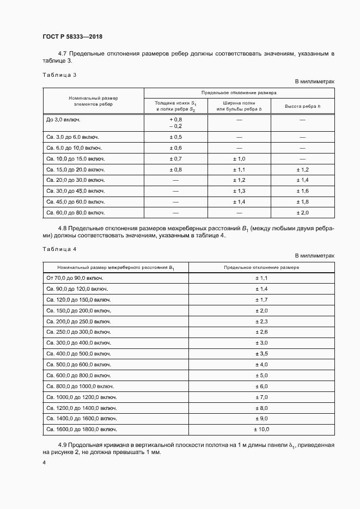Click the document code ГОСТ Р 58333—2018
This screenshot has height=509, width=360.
pos(72,36)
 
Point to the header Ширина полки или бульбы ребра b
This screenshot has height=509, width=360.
pos(239,106)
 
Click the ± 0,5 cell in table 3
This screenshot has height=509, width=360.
pos(175,137)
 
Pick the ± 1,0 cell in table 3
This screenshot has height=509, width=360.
pos(239,159)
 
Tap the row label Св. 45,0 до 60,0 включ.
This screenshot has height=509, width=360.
pos(76,202)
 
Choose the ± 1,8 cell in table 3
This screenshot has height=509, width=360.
pos(302,202)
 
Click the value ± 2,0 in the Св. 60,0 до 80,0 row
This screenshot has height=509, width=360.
pos(302,213)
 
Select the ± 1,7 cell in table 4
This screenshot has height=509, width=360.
pos(261,300)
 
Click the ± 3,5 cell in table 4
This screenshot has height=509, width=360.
pos(261,354)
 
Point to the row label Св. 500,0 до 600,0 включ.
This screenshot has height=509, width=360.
pos(78,365)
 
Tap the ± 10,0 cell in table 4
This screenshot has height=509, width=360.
pos(261,430)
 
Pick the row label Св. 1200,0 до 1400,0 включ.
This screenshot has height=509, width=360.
pos(81,408)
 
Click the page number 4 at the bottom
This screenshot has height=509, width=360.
pos(44,463)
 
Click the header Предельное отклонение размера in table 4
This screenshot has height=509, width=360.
pos(261,267)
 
